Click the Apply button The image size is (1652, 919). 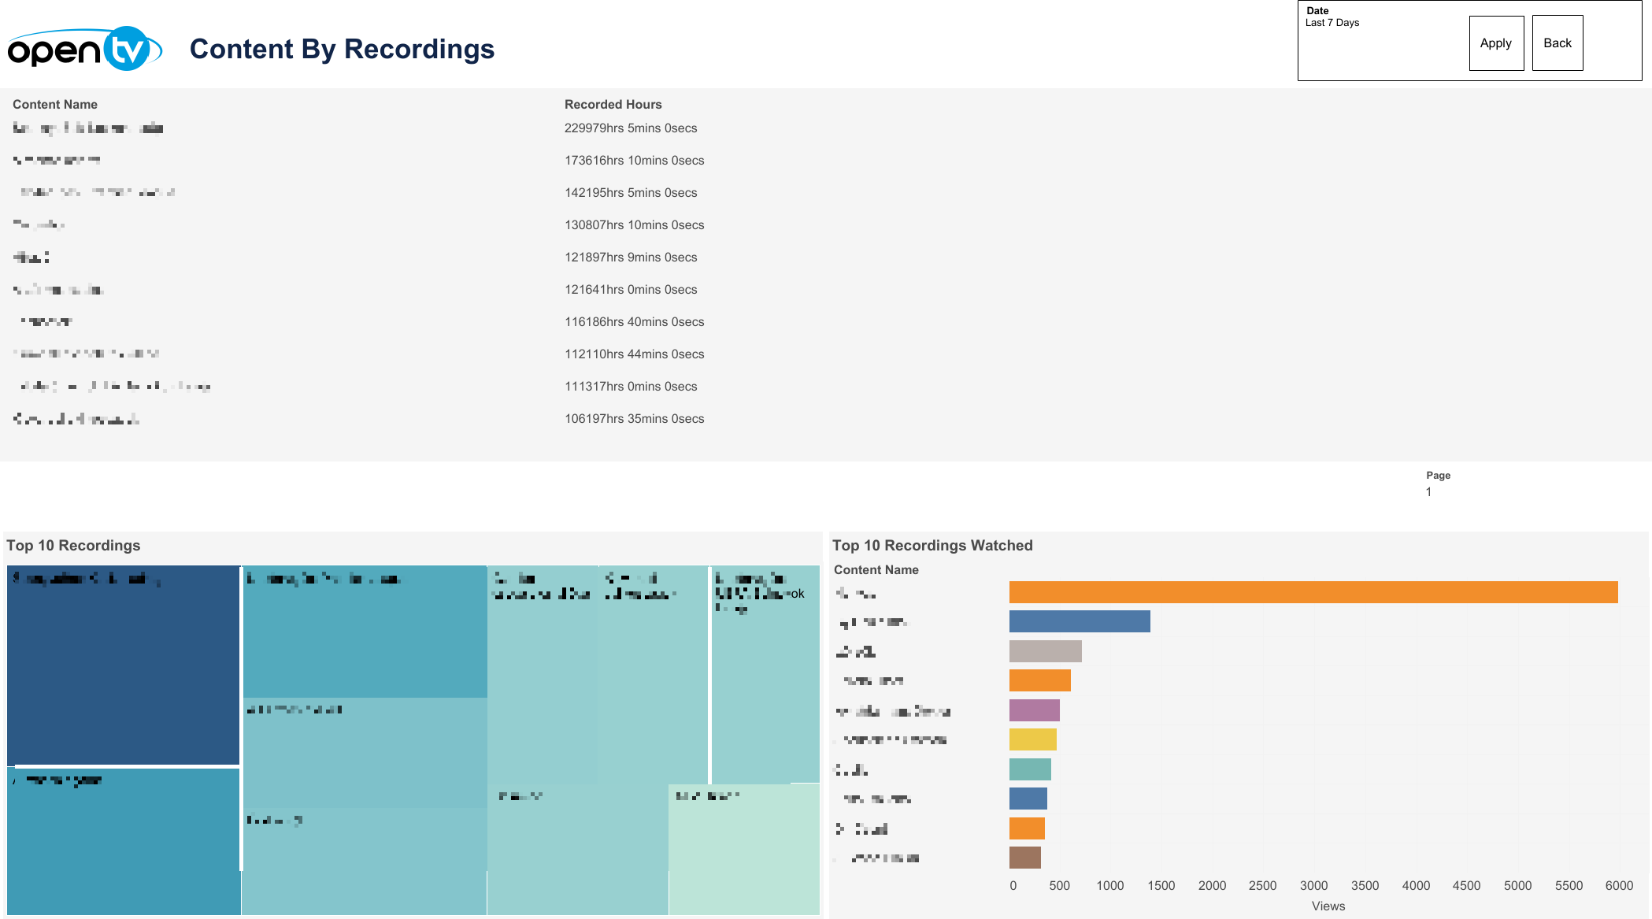(1495, 43)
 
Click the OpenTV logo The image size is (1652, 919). (84, 50)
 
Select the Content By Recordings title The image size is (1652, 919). (342, 50)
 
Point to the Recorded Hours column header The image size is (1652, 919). (613, 105)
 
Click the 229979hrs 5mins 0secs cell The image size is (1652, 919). (630, 128)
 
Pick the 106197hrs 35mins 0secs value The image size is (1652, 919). (634, 419)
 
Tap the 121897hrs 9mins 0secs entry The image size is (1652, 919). (630, 258)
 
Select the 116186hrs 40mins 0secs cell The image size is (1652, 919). (634, 322)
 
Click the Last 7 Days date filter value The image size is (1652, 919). (1332, 23)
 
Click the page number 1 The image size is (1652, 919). (1428, 492)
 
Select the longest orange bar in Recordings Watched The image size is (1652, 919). (1313, 592)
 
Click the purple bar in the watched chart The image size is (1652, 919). (1034, 710)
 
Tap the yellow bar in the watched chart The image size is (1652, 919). (1032, 740)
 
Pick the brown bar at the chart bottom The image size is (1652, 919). (1024, 858)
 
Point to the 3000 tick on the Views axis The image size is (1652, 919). (1313, 886)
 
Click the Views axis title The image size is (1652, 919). (1328, 906)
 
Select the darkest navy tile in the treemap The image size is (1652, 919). (123, 665)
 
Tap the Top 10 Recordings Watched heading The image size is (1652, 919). (932, 546)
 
